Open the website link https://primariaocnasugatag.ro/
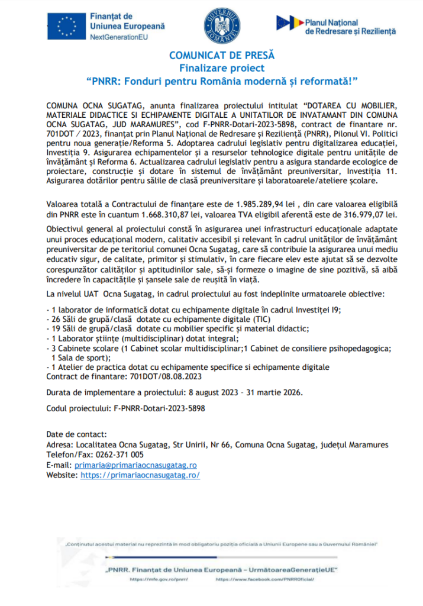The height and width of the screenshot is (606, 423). point(140,475)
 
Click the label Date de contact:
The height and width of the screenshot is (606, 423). point(76,435)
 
